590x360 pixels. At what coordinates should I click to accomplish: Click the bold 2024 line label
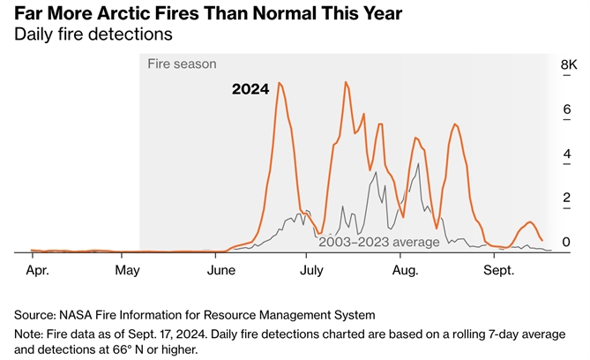pos(250,89)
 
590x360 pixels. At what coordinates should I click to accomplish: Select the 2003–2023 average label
pos(378,241)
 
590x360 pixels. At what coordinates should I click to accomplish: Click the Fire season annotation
pos(182,64)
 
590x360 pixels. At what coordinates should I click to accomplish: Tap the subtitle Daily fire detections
pos(92,34)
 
